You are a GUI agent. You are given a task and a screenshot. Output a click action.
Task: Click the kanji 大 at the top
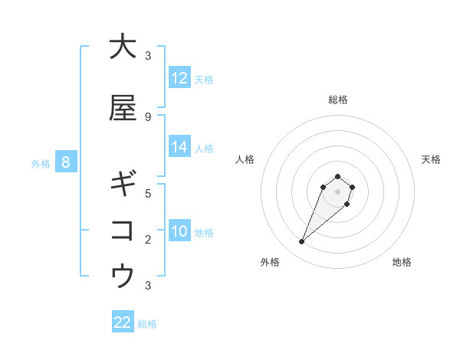pos(123,47)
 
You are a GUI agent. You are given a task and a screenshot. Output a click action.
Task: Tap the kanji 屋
pos(123,108)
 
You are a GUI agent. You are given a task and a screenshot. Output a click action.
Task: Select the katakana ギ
pos(123,184)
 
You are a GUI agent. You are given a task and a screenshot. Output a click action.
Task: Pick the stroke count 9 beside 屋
pos(148,116)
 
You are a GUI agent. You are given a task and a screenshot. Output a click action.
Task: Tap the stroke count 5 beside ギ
pos(148,193)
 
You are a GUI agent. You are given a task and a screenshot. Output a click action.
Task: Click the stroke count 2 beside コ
pos(148,239)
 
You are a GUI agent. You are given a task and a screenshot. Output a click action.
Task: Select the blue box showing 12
pos(179,78)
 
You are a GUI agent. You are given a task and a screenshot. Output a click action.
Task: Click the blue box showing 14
pos(179,147)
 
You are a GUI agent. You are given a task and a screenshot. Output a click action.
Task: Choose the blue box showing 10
pos(179,231)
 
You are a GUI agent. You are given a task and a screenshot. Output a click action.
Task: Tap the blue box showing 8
pos(66,162)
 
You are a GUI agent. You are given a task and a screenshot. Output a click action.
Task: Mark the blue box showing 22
pos(123,322)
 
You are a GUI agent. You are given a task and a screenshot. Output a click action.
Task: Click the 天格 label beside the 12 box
pos(204,80)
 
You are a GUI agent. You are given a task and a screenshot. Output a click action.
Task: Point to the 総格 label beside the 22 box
pos(147,324)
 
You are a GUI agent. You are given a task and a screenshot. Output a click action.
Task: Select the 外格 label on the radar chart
pos(270,262)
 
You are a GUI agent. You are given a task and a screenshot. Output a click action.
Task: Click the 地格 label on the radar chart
pos(402,262)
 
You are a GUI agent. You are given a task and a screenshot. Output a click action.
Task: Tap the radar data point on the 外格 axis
pos(302,242)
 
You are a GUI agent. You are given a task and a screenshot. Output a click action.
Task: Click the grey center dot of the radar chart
pos(338,191)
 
